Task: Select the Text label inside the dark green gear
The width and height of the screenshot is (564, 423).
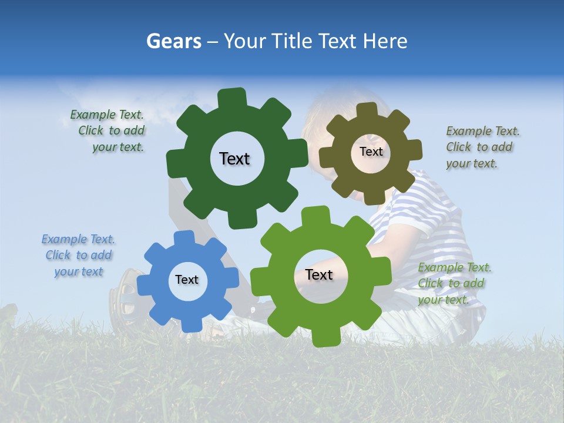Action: point(234,159)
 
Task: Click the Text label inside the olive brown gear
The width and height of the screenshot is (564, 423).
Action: point(371,152)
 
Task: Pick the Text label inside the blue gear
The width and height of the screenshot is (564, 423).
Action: point(187,280)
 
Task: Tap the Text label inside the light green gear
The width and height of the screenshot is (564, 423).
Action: point(319,274)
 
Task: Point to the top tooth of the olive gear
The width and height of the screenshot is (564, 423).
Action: point(367,110)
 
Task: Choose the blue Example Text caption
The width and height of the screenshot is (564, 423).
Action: point(78,255)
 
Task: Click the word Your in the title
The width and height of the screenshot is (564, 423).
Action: point(247,41)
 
